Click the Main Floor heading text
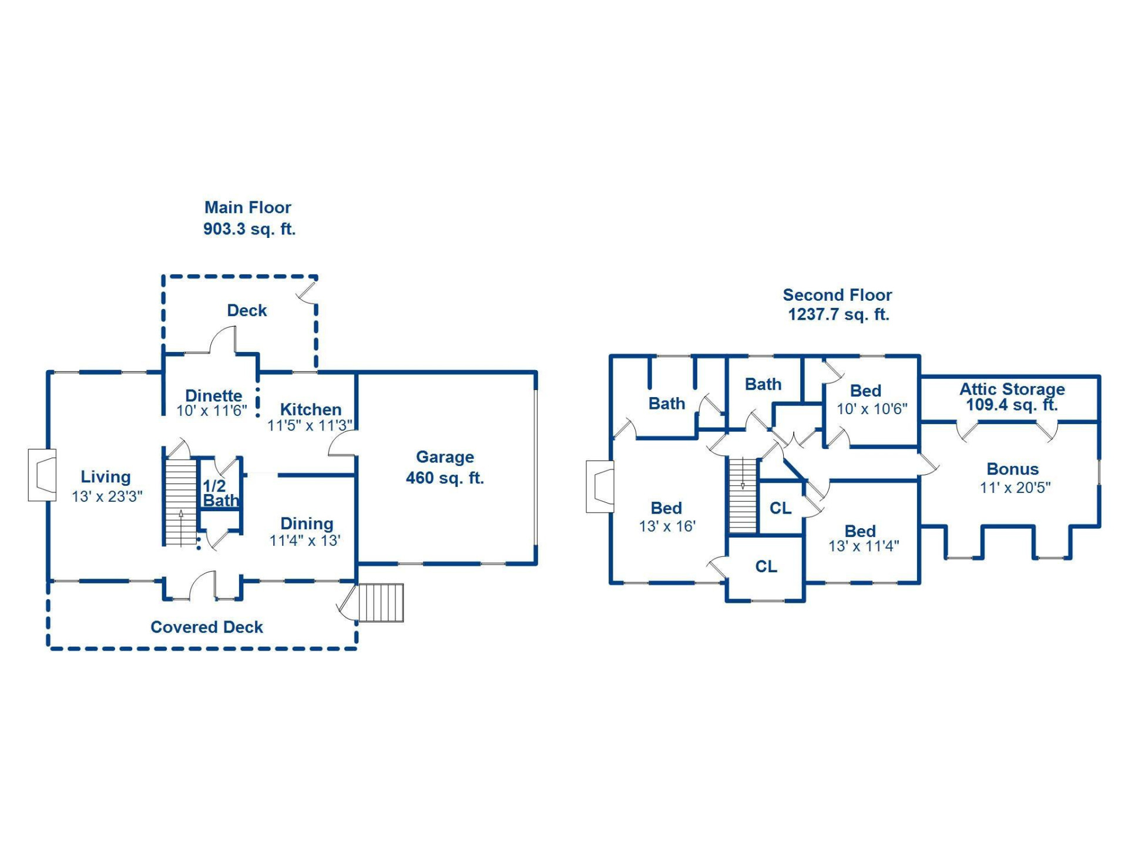[247, 207]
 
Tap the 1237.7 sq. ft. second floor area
[838, 314]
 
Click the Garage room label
[445, 457]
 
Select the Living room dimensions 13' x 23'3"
[107, 496]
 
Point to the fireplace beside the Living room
[42, 475]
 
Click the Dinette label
[213, 395]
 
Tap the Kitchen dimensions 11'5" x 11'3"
[310, 425]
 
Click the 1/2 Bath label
[220, 493]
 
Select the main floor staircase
[180, 502]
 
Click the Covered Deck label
[207, 627]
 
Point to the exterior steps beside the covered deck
[381, 603]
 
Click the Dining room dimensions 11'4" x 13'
[305, 540]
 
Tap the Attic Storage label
[1012, 389]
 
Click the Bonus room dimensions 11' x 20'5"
[1015, 488]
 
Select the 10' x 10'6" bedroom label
[872, 409]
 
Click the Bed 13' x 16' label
[667, 517]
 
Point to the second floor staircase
[743, 495]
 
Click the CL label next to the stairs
[780, 508]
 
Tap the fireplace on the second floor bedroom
[600, 486]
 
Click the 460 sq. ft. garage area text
[445, 478]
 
